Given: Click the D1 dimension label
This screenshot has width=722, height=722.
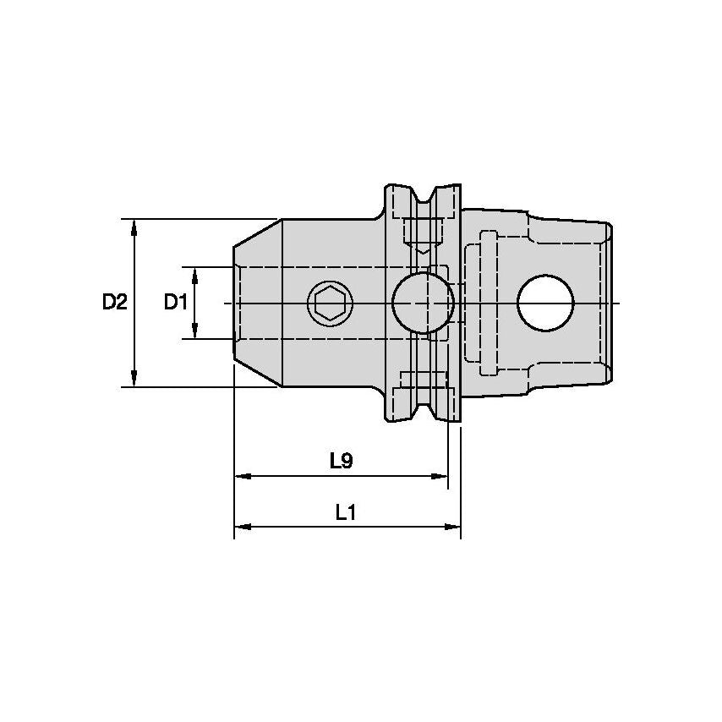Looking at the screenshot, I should [175, 302].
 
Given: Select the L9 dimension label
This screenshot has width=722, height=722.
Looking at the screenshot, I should [341, 461].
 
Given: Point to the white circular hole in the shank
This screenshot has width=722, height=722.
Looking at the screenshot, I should [545, 303].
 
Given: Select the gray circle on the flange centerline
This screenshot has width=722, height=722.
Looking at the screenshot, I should [423, 303].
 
